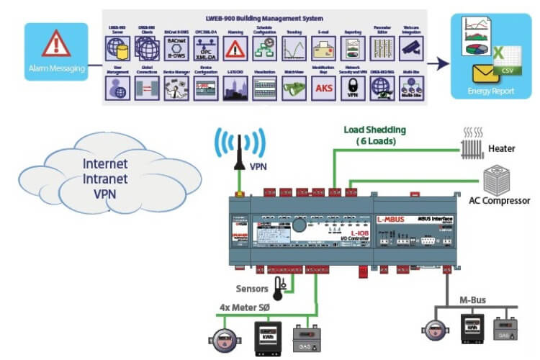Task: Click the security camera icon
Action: pyautogui.click(x=410, y=48)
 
